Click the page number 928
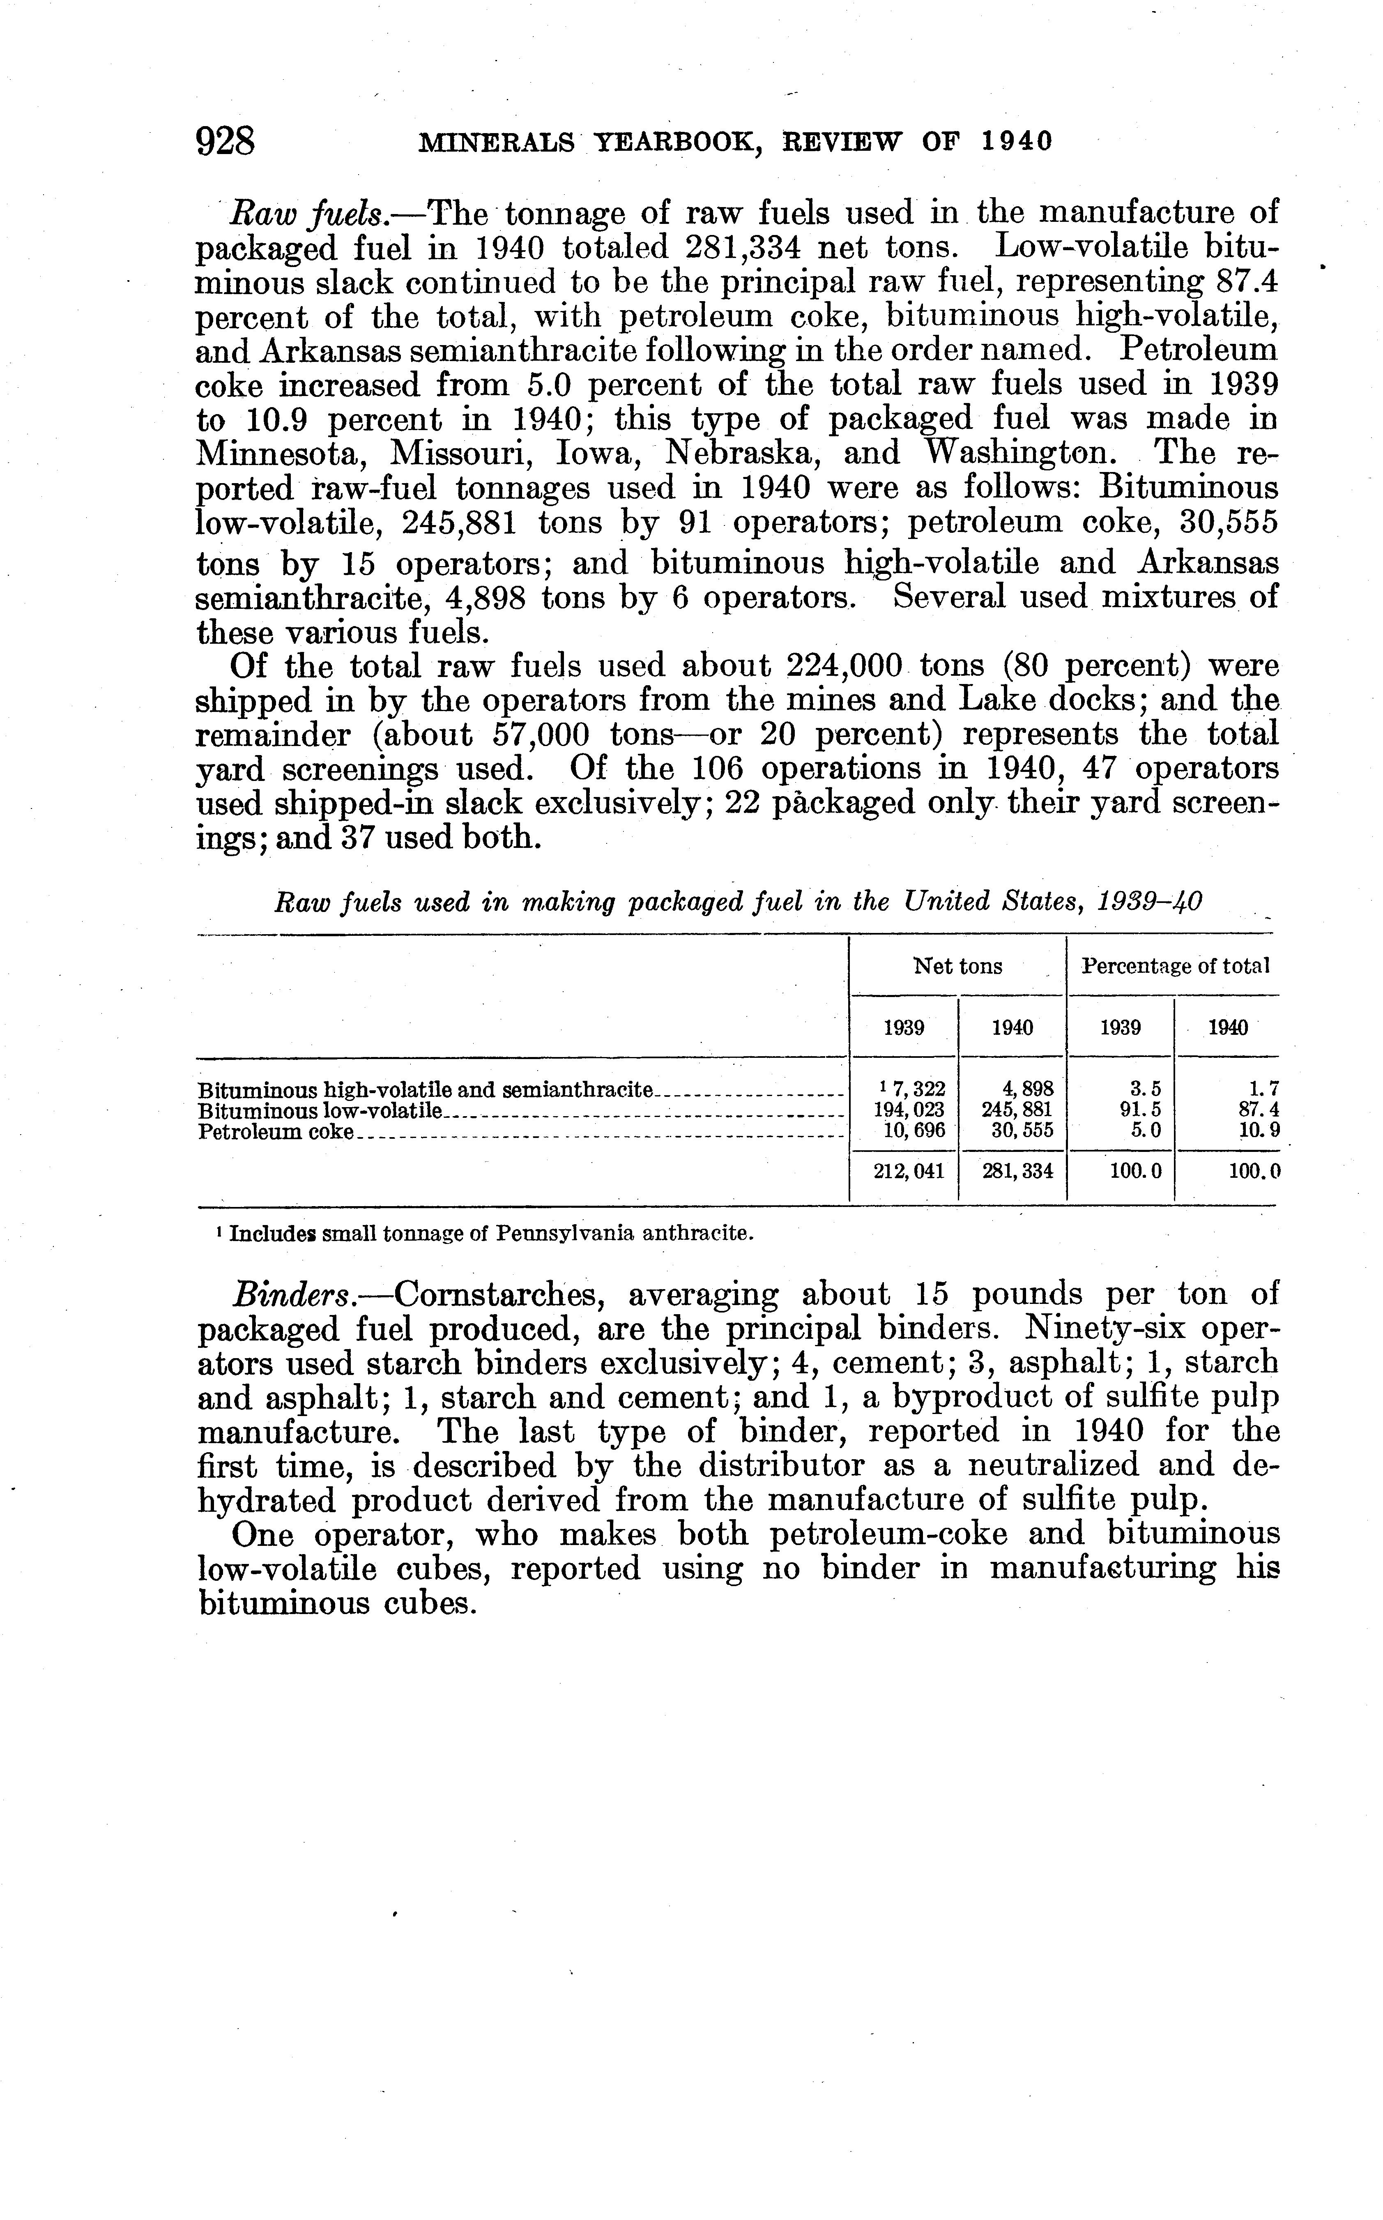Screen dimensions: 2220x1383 coord(225,142)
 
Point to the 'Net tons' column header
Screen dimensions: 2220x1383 coord(958,966)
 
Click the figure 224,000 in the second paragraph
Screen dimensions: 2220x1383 coord(844,666)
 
